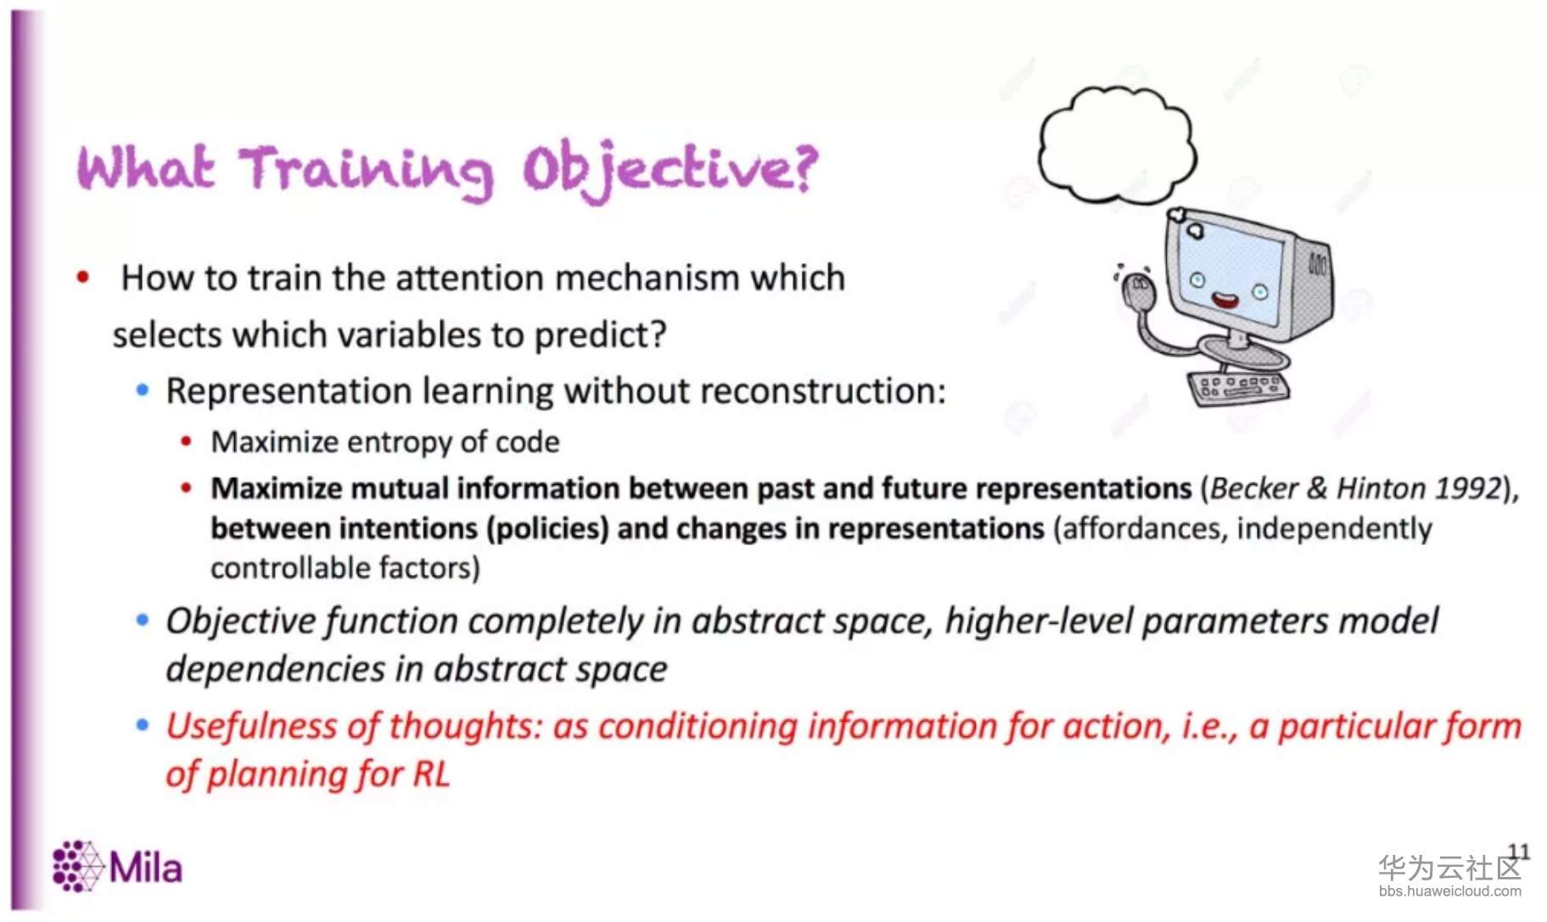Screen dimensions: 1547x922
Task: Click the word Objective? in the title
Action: coord(670,170)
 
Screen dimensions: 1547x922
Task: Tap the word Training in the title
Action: coord(366,170)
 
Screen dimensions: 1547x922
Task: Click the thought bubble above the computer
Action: coord(1117,144)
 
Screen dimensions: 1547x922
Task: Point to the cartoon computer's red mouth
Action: coord(1225,299)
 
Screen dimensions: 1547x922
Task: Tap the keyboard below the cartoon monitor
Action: coord(1239,389)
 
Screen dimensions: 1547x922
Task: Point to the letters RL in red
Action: coord(431,774)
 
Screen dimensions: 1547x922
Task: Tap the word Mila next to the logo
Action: coord(145,868)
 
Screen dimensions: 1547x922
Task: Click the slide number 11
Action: coord(1518,852)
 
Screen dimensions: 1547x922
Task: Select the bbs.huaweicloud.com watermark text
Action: coord(1449,891)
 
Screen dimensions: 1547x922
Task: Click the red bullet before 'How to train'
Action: coord(83,277)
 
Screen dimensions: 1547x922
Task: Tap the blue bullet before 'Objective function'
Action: coord(143,621)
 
